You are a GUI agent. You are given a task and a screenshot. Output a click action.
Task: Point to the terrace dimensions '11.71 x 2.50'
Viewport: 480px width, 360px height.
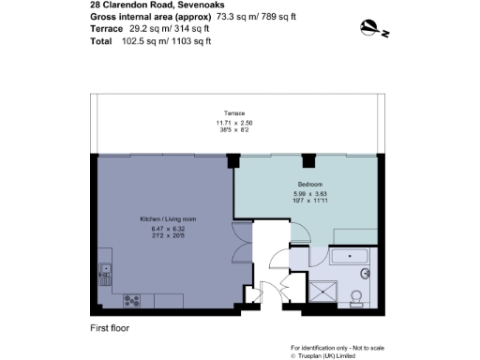click(234, 123)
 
